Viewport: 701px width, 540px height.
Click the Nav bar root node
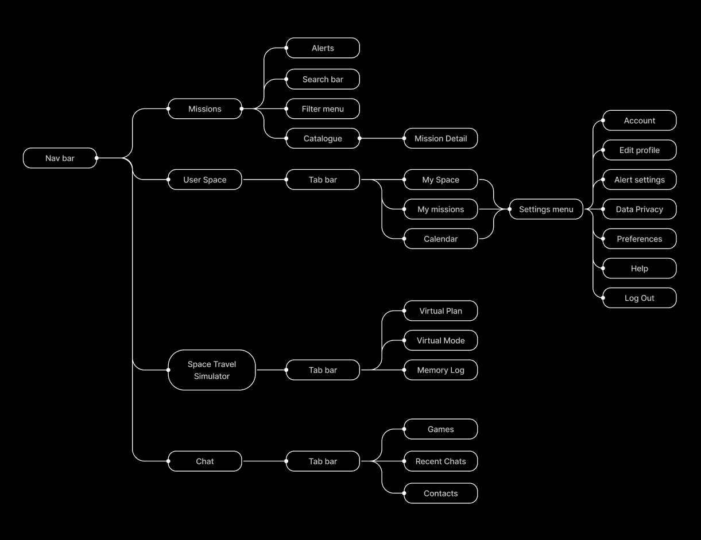[x=60, y=158]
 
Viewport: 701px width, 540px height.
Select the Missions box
[x=204, y=108]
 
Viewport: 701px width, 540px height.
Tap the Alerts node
[x=323, y=48]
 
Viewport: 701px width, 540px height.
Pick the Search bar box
[x=323, y=79]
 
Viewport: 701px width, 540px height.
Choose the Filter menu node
[x=323, y=108]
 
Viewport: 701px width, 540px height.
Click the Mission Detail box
[x=440, y=138]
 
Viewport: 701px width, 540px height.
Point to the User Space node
[x=204, y=180]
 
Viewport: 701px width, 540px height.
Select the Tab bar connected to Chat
[x=323, y=461]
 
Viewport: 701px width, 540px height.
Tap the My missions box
[x=440, y=209]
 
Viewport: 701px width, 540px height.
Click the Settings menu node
[x=546, y=209]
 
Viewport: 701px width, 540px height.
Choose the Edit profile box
[x=639, y=150]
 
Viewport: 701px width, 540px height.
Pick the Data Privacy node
[x=639, y=209]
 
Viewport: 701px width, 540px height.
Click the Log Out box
[x=639, y=298]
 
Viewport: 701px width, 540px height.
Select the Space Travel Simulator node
[x=211, y=370]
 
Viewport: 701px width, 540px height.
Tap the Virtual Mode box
[x=440, y=340]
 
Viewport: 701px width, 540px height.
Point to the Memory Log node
[x=440, y=370]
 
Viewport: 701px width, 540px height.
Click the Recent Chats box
[x=440, y=461]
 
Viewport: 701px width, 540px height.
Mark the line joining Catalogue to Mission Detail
[x=382, y=138]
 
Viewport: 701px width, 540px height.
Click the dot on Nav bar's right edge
[x=96, y=158]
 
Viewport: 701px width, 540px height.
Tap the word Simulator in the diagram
[x=211, y=376]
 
